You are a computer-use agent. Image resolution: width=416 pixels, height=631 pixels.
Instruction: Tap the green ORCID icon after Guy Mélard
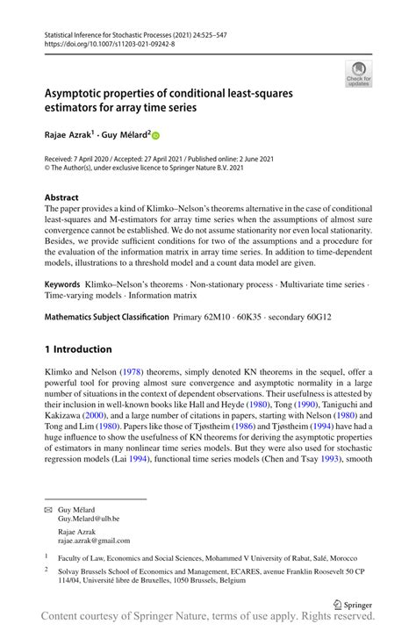pyautogui.click(x=156, y=135)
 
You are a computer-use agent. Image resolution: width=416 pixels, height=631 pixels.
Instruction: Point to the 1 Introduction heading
pyautogui.click(x=78, y=348)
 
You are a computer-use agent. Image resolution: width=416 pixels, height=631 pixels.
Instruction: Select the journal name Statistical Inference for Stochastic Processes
pyautogui.click(x=118, y=31)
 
